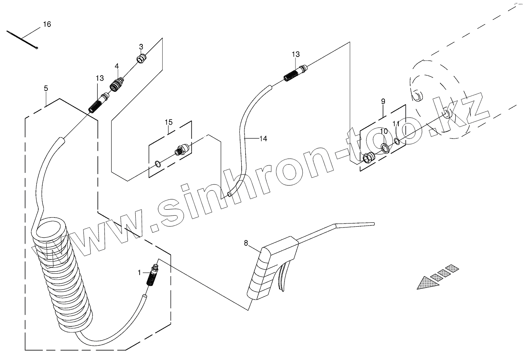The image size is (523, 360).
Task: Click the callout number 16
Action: pyautogui.click(x=47, y=25)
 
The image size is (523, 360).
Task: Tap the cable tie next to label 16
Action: pyautogui.click(x=23, y=40)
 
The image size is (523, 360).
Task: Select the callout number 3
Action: pyautogui.click(x=141, y=47)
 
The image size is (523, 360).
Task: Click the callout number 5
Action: pyautogui.click(x=46, y=88)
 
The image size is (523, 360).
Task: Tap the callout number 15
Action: pyautogui.click(x=169, y=122)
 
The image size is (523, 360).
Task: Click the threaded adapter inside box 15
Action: pyautogui.click(x=182, y=150)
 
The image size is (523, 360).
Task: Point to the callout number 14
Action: pyautogui.click(x=263, y=138)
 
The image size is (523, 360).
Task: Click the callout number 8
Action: pyautogui.click(x=246, y=243)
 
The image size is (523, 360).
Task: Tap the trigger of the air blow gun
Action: pyautogui.click(x=283, y=279)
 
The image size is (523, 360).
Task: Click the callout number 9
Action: pyautogui.click(x=383, y=101)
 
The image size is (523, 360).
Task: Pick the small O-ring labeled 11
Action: pyautogui.click(x=397, y=141)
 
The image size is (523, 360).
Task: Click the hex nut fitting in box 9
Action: pyautogui.click(x=369, y=158)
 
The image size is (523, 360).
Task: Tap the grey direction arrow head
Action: pyautogui.click(x=427, y=282)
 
